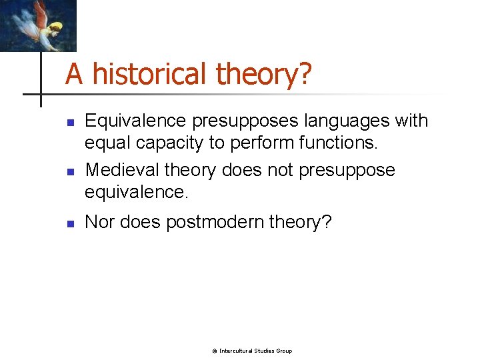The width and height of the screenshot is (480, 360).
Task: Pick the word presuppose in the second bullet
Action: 347,170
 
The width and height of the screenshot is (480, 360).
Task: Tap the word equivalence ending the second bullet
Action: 135,193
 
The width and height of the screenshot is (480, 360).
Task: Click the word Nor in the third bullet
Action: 100,222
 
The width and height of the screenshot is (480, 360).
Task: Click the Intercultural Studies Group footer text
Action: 255,351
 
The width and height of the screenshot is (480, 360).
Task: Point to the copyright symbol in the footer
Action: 215,351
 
